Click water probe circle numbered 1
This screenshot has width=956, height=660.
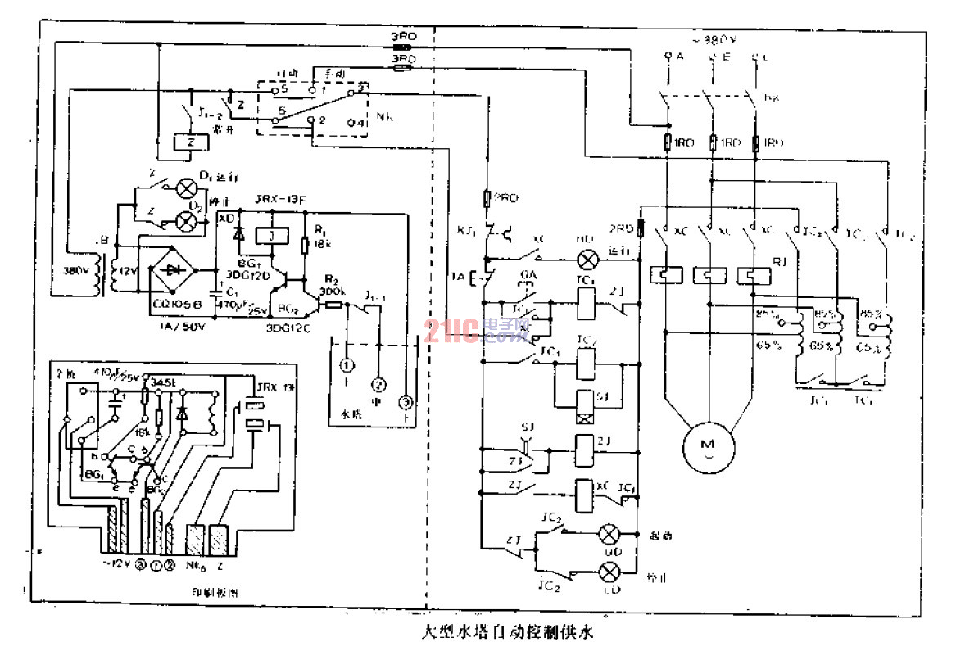click(x=347, y=364)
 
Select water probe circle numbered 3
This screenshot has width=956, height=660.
click(x=404, y=401)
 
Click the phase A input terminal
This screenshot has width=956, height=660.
click(x=669, y=57)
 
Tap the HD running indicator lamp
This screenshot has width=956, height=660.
click(x=587, y=261)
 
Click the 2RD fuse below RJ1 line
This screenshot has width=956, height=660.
click(x=487, y=198)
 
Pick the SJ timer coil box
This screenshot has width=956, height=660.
click(x=585, y=401)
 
